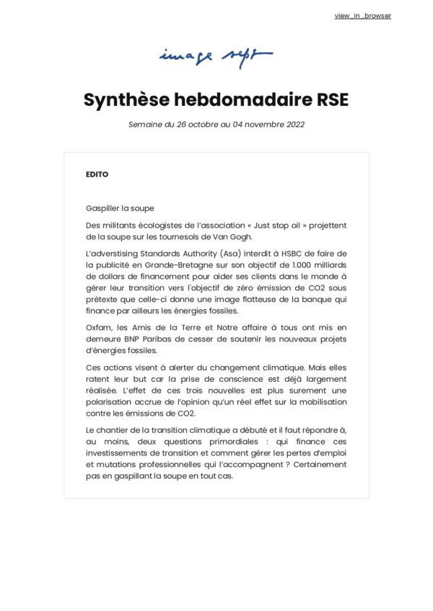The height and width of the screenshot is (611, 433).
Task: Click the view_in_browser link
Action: point(363,16)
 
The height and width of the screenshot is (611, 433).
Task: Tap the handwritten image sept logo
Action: point(216,56)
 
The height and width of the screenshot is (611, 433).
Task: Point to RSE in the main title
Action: point(331,99)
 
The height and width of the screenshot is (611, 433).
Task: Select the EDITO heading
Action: point(97,174)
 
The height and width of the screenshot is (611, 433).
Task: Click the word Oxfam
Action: point(99,327)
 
